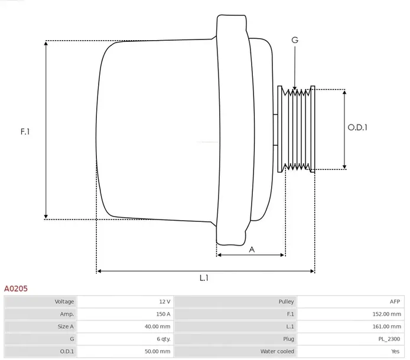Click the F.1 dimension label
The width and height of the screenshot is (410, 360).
point(25,132)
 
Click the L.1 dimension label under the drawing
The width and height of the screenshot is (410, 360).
point(204,278)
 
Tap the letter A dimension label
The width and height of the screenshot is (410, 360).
point(252,249)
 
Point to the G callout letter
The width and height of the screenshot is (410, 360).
point(295,40)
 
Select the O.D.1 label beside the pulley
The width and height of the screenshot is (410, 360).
point(357,127)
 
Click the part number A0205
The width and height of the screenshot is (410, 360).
point(15,289)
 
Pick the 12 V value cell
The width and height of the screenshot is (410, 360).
point(164,302)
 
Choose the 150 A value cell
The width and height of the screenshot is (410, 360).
point(163,314)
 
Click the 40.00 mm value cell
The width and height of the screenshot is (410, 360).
point(158,326)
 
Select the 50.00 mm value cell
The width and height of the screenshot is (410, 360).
point(158,351)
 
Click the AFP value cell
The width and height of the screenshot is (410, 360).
point(395,302)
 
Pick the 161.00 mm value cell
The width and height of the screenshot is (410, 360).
point(387,326)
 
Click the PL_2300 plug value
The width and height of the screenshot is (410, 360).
point(391,339)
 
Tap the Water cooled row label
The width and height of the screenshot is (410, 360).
point(277,351)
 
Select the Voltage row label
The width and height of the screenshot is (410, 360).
point(64,302)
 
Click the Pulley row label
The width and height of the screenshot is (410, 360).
point(286,302)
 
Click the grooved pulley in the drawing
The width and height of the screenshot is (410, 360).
point(298,128)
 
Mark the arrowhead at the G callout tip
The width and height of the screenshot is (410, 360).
point(295,89)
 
